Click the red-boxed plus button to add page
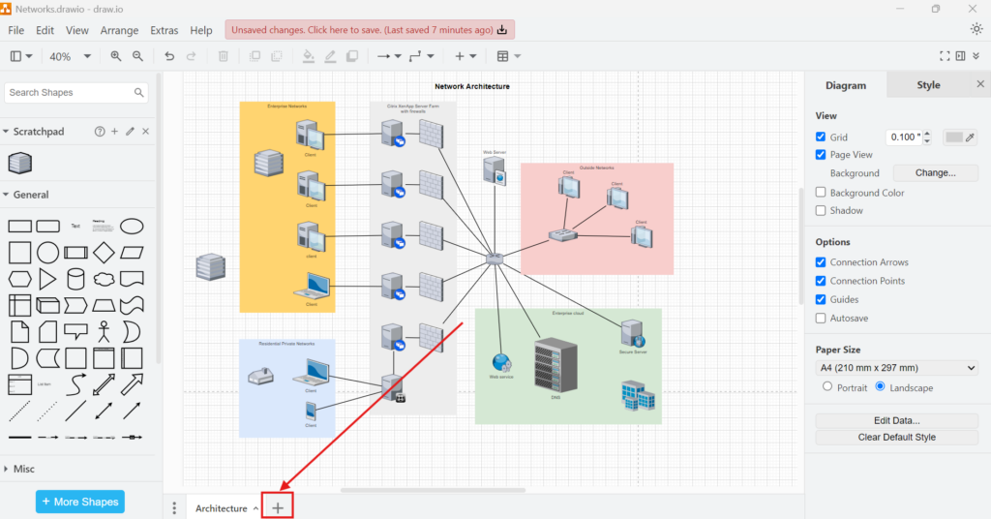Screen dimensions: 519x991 click(x=278, y=507)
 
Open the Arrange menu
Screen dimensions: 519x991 click(x=119, y=31)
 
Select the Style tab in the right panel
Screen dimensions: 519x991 click(x=928, y=85)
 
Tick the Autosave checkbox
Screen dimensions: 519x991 click(x=822, y=318)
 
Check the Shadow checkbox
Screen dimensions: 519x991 click(x=822, y=210)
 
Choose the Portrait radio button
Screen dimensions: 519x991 click(x=827, y=387)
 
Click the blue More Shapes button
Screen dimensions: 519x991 click(x=80, y=502)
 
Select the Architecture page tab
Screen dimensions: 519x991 click(x=221, y=508)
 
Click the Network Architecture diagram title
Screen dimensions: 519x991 click(x=471, y=87)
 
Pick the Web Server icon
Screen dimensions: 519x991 click(x=495, y=170)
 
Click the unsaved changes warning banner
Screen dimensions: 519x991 click(x=370, y=30)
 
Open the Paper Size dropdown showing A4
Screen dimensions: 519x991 click(x=897, y=368)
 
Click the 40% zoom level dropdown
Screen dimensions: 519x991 click(x=70, y=57)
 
